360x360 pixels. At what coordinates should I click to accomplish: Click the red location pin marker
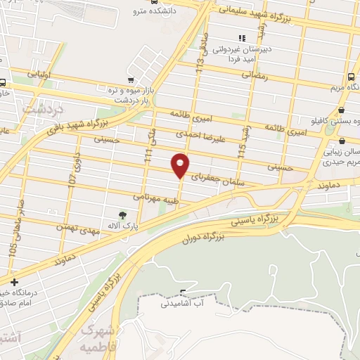pyautogui.click(x=181, y=165)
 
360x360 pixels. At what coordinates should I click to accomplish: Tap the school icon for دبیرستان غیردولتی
pyautogui.click(x=242, y=38)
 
